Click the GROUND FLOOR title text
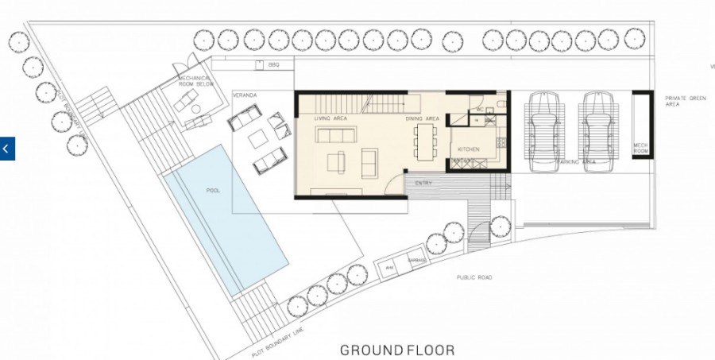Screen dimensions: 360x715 coord(397,350)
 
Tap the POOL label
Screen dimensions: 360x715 coord(213,191)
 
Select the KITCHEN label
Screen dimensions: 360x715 coord(468,149)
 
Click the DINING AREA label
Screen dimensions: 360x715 coord(422,118)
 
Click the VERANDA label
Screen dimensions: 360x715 coord(245,95)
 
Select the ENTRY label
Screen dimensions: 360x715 coord(423,183)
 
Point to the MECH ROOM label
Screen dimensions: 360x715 coord(641,147)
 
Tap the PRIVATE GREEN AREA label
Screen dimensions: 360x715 coord(686,100)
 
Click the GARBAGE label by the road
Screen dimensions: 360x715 coord(417,261)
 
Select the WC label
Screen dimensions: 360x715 coord(481,109)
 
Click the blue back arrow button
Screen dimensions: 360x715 coord(7,148)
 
